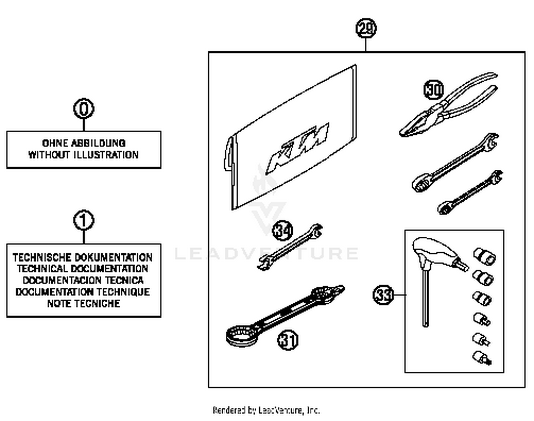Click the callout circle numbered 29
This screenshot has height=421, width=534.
tap(366, 29)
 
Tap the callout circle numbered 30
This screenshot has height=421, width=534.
tap(434, 89)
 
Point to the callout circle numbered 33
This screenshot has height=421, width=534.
tap(383, 295)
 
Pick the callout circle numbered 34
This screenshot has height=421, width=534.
tap(282, 231)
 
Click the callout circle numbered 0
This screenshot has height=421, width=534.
tap(84, 109)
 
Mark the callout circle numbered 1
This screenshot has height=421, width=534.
tap(84, 221)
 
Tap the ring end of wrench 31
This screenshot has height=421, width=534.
tap(242, 335)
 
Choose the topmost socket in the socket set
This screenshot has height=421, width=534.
tap(485, 256)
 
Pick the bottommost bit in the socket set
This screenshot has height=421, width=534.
tap(482, 358)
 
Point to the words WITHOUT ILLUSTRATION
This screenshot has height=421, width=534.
tap(83, 155)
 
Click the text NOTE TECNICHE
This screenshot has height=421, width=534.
tap(84, 304)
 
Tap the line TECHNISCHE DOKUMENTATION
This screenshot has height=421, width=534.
tap(83, 257)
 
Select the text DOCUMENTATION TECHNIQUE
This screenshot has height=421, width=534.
tap(83, 292)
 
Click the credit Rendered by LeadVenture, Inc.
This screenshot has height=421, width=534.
tap(266, 410)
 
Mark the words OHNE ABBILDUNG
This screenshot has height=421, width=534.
tap(84, 143)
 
